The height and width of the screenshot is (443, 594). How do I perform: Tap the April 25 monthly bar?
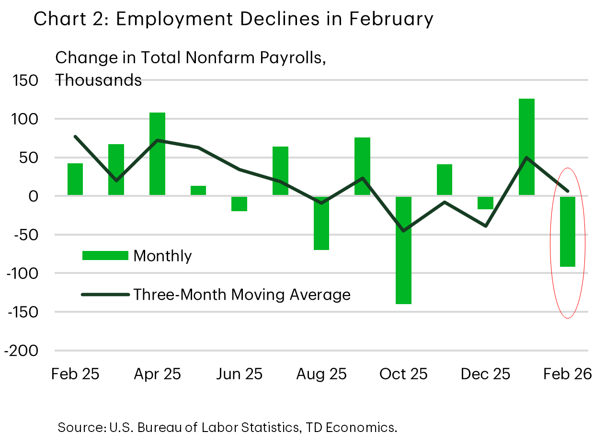click(157, 153)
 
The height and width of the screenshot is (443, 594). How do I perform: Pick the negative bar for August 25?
click(321, 223)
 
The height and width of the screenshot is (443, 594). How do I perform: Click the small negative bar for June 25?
click(239, 204)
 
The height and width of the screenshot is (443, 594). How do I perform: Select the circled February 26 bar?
click(568, 232)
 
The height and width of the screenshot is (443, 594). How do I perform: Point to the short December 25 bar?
click(485, 203)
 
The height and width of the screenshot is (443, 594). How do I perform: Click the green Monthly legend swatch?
click(105, 256)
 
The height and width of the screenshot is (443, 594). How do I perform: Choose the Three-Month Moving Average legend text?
click(242, 294)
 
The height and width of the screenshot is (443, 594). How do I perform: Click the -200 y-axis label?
click(21, 351)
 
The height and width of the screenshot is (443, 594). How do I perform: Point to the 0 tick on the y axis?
click(34, 196)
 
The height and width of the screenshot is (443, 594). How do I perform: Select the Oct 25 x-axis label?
click(403, 374)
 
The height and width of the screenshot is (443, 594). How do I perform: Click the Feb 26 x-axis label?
click(568, 374)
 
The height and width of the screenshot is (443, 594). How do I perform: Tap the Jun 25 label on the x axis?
click(239, 374)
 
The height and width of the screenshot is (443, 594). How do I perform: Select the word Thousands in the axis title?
click(98, 80)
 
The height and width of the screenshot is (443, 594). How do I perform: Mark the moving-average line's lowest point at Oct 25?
click(403, 231)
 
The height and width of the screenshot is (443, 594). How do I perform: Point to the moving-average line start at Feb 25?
click(75, 136)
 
